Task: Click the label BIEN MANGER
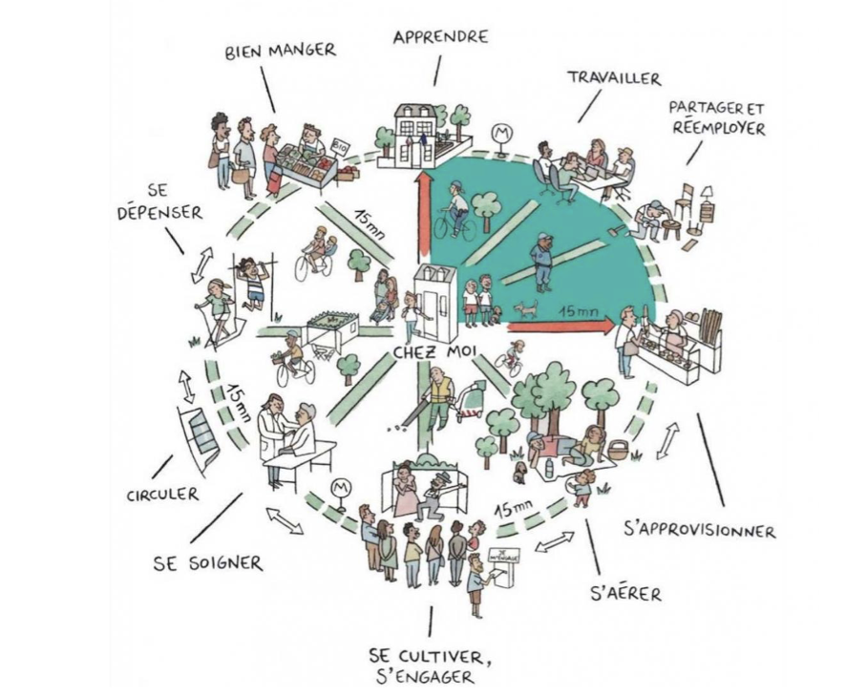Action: pos(280,51)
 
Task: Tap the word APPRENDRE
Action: pos(440,37)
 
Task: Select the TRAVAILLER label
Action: pos(614,78)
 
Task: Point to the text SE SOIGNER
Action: pos(207,562)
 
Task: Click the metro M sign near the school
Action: pos(499,133)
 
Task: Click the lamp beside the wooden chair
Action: pos(707,201)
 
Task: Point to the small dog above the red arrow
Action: pos(525,309)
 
